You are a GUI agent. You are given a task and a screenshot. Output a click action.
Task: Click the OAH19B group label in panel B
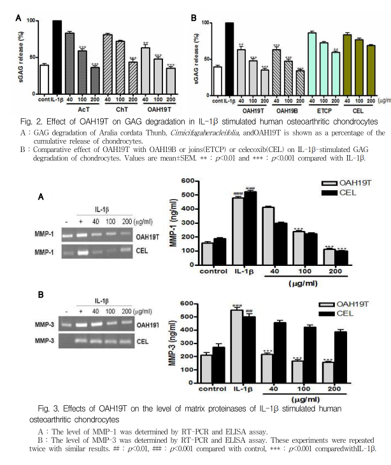287,109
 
